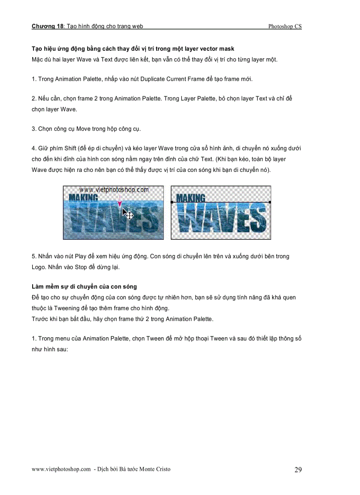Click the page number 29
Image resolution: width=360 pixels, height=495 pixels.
[x=298, y=470]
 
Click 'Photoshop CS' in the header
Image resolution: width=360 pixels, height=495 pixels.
[x=285, y=26]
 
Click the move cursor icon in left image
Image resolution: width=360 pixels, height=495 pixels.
[x=128, y=215]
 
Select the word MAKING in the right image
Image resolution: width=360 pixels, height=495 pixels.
[x=191, y=198]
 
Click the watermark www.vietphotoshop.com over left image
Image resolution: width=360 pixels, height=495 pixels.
[x=114, y=190]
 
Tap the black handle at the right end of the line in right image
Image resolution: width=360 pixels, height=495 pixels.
[x=270, y=202]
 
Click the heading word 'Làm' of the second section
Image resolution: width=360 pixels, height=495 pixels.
[x=37, y=287]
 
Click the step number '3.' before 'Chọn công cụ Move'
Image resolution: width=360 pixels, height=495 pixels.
[x=34, y=129]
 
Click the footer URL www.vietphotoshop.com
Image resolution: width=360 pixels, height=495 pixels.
[x=61, y=469]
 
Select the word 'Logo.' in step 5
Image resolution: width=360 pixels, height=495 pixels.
[x=39, y=267]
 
